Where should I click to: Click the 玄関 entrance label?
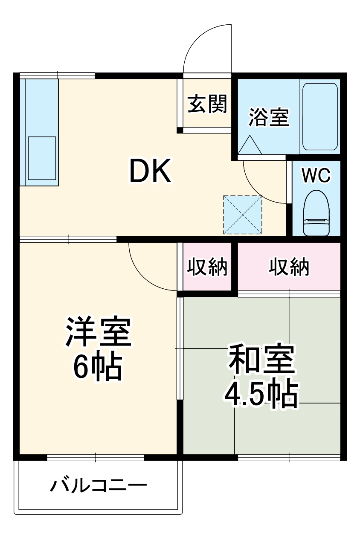pos(207,104)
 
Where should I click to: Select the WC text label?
pos(316,175)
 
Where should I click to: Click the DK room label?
pos(150,171)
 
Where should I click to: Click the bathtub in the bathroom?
pos(320,116)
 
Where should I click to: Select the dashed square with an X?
pos(243,215)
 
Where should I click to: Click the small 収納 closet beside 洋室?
pos(207,267)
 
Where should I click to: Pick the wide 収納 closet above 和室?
pos(289,267)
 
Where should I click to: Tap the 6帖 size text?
pos(98,367)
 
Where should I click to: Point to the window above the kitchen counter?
pos(57,76)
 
